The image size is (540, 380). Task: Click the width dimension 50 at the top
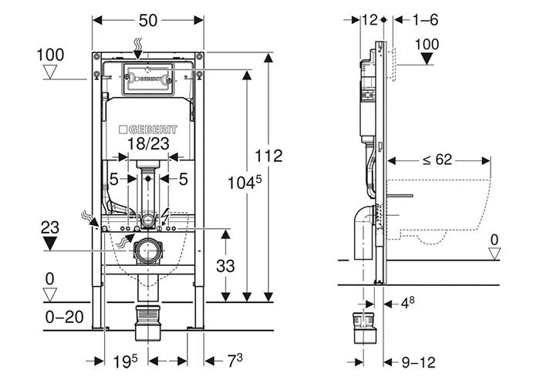(148, 21)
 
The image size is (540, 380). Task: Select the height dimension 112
(269, 156)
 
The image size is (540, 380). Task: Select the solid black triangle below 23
(52, 244)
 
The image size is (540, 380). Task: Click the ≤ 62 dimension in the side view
(437, 160)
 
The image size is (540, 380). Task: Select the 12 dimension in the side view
(369, 21)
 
